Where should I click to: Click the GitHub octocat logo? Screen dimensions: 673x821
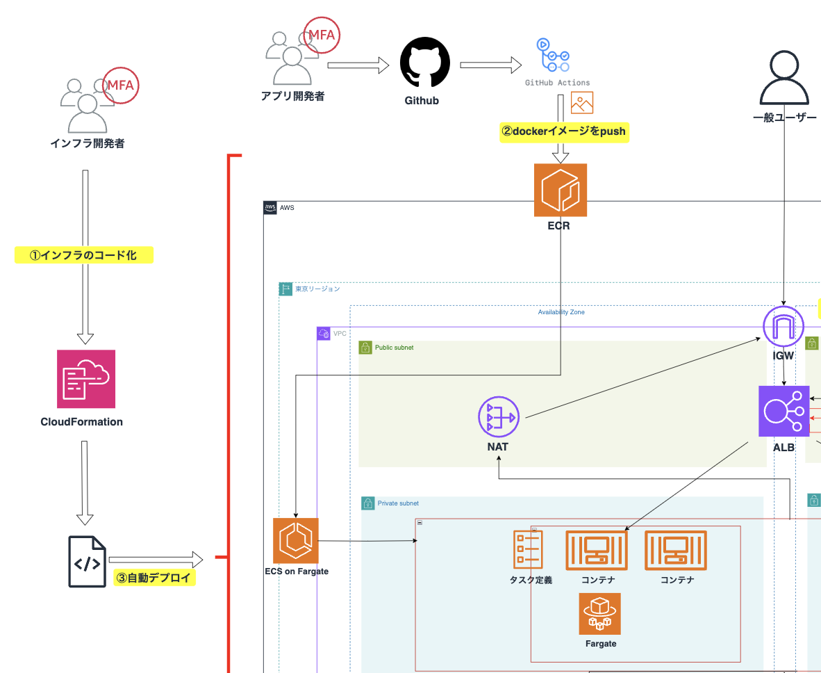click(424, 63)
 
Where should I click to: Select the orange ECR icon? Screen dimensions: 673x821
click(560, 190)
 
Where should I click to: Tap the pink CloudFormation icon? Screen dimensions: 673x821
click(86, 379)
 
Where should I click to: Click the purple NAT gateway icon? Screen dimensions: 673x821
click(498, 416)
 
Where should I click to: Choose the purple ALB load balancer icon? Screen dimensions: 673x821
click(783, 411)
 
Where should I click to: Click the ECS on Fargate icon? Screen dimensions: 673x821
click(296, 540)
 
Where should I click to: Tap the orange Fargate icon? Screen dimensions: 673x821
click(600, 614)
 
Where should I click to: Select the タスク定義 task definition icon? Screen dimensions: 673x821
click(528, 549)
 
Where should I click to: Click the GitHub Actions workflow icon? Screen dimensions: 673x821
click(553, 56)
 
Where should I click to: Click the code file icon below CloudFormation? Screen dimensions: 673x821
click(87, 562)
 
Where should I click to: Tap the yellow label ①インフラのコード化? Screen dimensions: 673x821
click(83, 255)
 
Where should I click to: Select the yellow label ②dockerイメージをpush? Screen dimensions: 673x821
click(563, 131)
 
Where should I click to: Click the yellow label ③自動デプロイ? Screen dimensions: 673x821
click(154, 578)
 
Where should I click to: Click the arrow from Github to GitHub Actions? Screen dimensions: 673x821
click(490, 65)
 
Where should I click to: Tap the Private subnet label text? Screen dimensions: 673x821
click(398, 503)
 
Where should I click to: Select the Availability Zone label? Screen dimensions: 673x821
click(561, 312)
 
